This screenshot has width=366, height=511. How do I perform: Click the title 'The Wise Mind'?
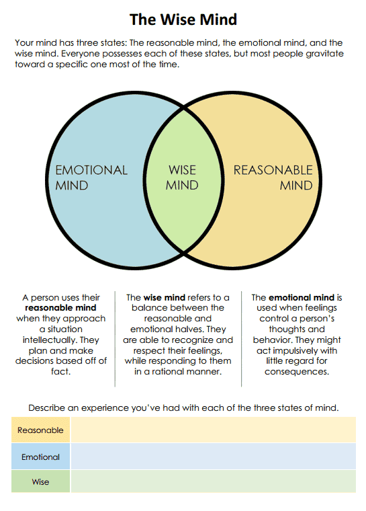pyautogui.click(x=183, y=19)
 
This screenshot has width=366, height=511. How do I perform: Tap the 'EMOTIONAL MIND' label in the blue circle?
pyautogui.click(x=91, y=178)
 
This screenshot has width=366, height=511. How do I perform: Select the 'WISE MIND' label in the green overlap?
pyautogui.click(x=182, y=178)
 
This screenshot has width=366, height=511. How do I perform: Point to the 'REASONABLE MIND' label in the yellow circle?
pyautogui.click(x=273, y=178)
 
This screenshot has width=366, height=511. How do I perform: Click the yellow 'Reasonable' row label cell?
pyautogui.click(x=40, y=430)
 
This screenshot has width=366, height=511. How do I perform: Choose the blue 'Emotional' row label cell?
pyautogui.click(x=40, y=457)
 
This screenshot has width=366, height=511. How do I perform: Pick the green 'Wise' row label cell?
pyautogui.click(x=40, y=482)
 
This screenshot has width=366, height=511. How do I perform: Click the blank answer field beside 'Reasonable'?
pyautogui.click(x=213, y=430)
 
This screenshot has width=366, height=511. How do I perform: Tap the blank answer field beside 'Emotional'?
pyautogui.click(x=213, y=457)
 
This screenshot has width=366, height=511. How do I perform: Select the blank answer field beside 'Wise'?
pyautogui.click(x=213, y=482)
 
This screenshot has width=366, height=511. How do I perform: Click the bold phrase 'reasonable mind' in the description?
pyautogui.click(x=61, y=308)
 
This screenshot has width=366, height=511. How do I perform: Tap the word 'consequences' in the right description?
pyautogui.click(x=296, y=372)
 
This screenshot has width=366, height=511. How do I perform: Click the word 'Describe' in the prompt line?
pyautogui.click(x=49, y=407)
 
